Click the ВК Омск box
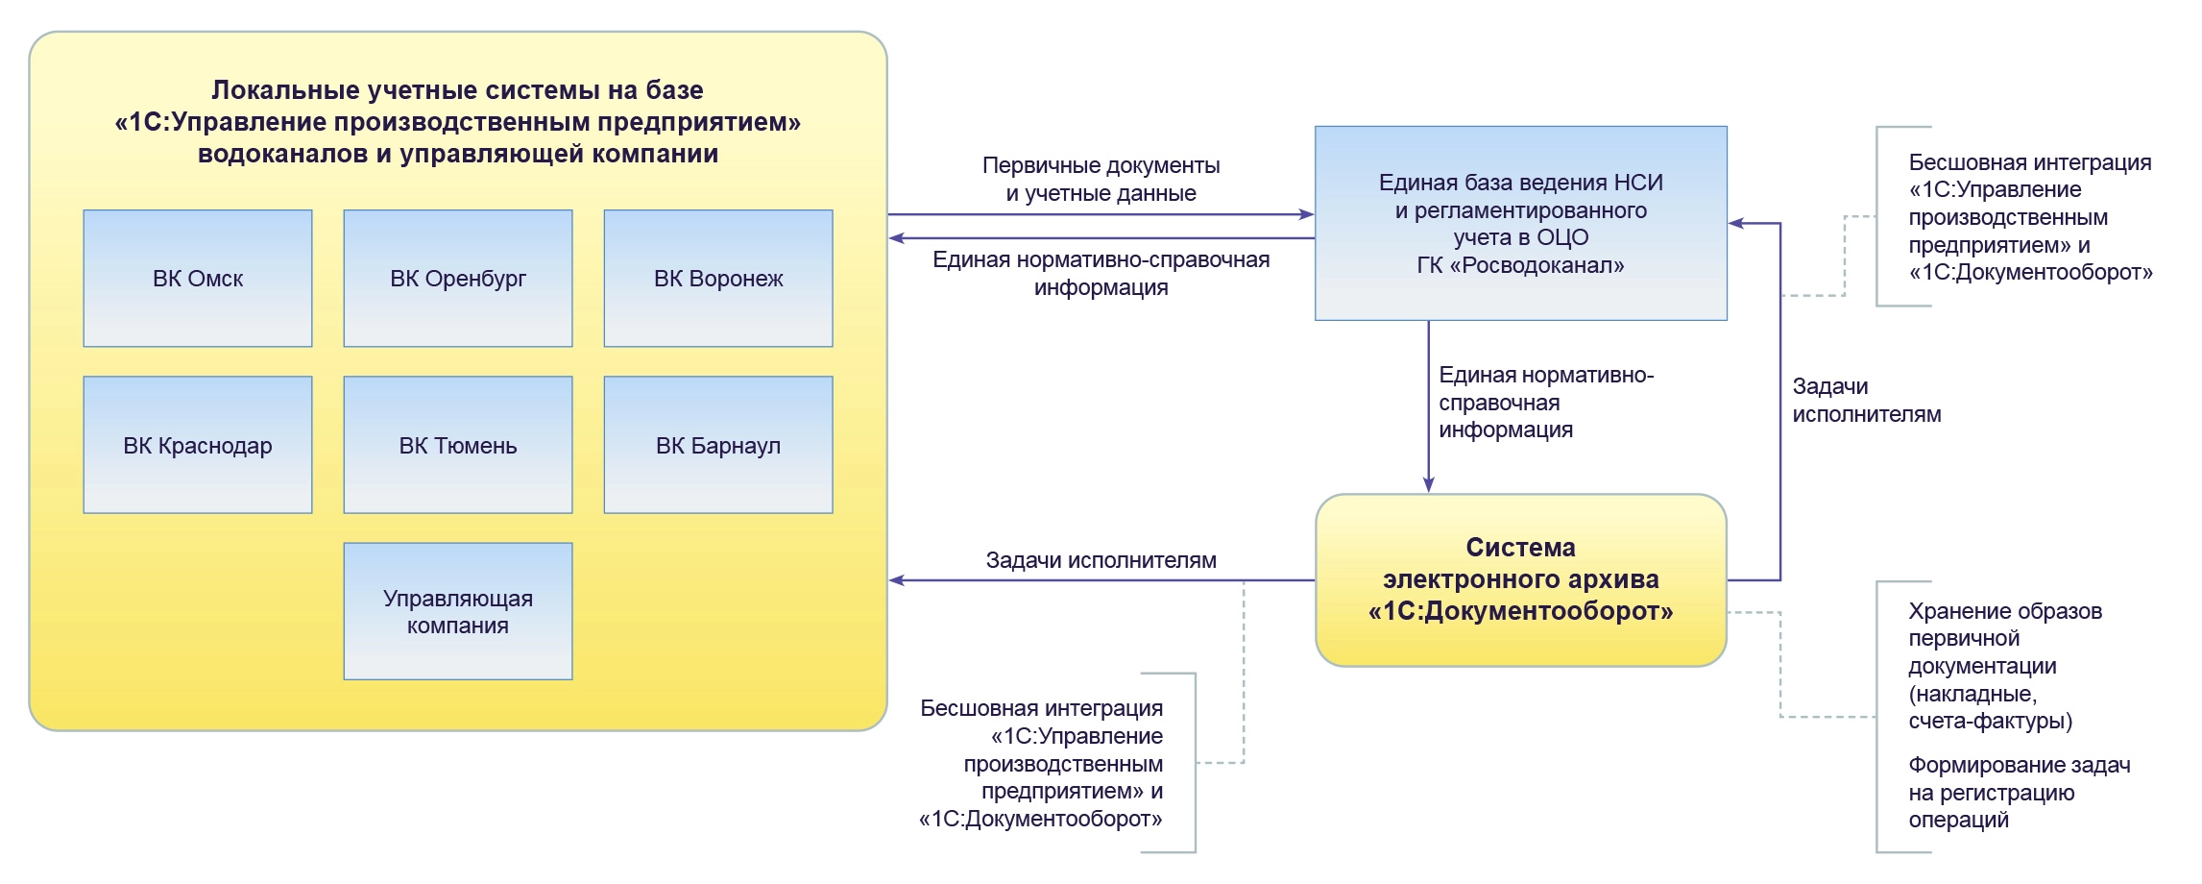point(198,279)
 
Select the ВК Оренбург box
point(458,279)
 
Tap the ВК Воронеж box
point(718,279)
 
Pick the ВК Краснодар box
point(198,445)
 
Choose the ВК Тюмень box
point(458,445)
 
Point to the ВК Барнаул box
point(718,445)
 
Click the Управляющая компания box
point(458,611)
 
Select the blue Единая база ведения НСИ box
point(1521,223)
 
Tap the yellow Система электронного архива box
point(1521,579)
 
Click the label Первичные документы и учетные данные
point(1101,179)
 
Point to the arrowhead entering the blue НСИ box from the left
point(1306,214)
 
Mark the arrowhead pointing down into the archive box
point(1429,485)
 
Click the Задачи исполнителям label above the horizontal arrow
point(1101,560)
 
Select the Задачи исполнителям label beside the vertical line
point(1866,401)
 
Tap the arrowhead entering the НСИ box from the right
point(1736,224)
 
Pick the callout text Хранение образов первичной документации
point(2003,665)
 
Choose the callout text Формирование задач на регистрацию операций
point(2019,792)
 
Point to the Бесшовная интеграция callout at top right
point(2030,217)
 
